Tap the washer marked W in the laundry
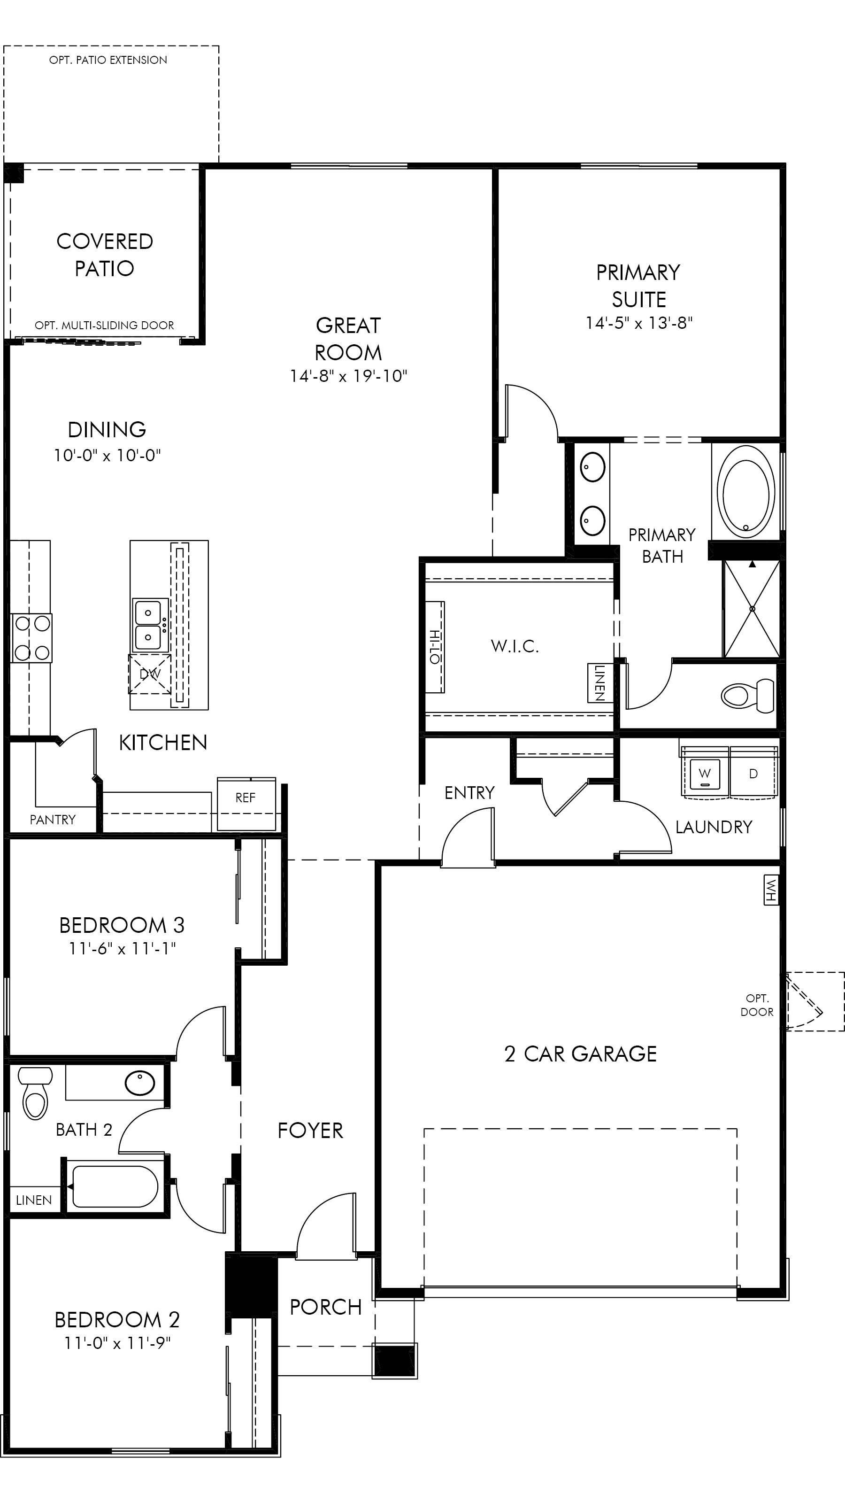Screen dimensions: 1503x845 (x=705, y=774)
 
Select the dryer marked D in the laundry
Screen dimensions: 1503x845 (x=753, y=774)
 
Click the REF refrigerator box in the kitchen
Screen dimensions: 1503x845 (x=246, y=804)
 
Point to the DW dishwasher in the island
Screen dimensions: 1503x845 (x=150, y=674)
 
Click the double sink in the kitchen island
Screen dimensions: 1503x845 (x=149, y=625)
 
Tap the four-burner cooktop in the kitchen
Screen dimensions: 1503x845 (x=31, y=638)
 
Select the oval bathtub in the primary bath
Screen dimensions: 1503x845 (x=746, y=492)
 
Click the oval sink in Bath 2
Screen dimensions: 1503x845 (x=140, y=1083)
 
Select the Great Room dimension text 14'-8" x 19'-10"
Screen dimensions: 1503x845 (x=348, y=376)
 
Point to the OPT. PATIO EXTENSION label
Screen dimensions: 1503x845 (x=108, y=60)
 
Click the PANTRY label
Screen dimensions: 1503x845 (x=53, y=820)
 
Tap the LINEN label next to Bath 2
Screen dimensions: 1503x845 (x=34, y=1200)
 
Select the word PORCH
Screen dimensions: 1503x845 (x=325, y=1307)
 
